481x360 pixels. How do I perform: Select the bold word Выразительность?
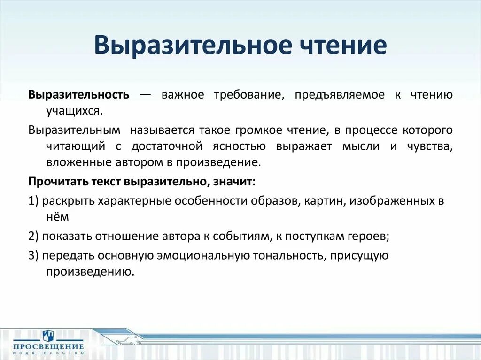[x=78, y=95]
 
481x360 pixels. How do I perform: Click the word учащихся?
[x=73, y=112]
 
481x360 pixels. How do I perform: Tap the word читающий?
[x=75, y=146]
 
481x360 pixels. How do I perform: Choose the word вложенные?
[x=71, y=162]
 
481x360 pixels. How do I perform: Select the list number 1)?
[x=33, y=201]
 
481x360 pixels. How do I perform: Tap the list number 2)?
[x=33, y=237]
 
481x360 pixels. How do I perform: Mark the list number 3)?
[x=33, y=255]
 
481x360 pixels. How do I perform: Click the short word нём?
[x=57, y=217]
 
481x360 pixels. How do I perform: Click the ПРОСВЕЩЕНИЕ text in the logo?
[x=48, y=347]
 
